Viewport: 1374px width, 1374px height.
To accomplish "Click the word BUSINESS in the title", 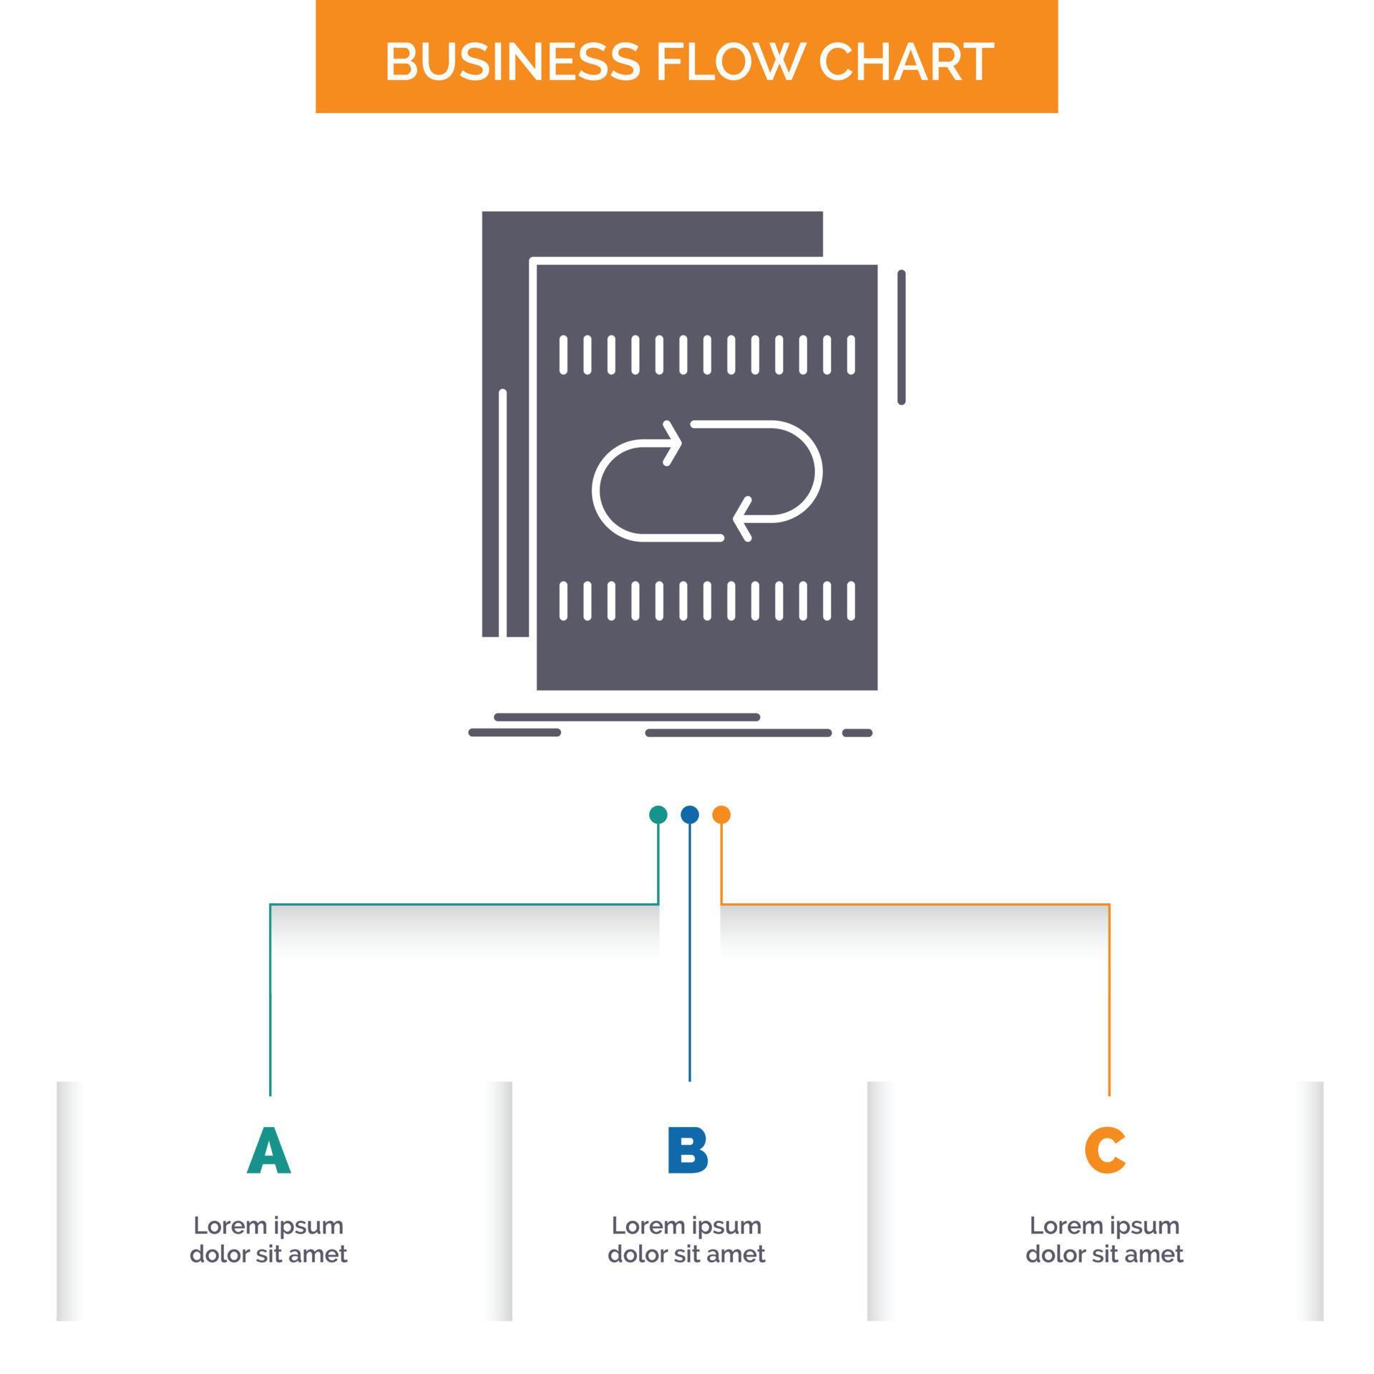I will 512,62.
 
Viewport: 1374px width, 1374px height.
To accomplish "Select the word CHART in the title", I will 905,62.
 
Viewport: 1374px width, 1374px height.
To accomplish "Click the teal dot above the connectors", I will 658,814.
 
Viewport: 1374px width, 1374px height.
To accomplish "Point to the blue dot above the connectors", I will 689,814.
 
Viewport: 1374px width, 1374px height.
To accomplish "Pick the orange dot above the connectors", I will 721,814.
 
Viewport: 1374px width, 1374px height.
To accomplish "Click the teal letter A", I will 269,1151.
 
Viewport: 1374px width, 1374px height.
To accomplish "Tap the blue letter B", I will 687,1151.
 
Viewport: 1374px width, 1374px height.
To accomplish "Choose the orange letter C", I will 1105,1151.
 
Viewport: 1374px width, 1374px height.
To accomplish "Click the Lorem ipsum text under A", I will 269,1239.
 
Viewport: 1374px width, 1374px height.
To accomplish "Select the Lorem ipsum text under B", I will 687,1239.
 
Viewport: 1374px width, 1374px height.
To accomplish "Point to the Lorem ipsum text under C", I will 1105,1239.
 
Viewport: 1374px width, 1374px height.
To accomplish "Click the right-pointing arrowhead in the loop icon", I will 673,444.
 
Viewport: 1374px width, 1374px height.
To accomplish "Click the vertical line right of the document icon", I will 901,337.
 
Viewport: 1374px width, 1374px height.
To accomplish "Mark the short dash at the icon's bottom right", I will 857,733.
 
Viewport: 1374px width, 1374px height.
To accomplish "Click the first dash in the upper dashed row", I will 563,355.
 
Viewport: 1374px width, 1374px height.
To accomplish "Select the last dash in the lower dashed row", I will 851,600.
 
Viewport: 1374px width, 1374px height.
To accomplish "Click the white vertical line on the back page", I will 502,512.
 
